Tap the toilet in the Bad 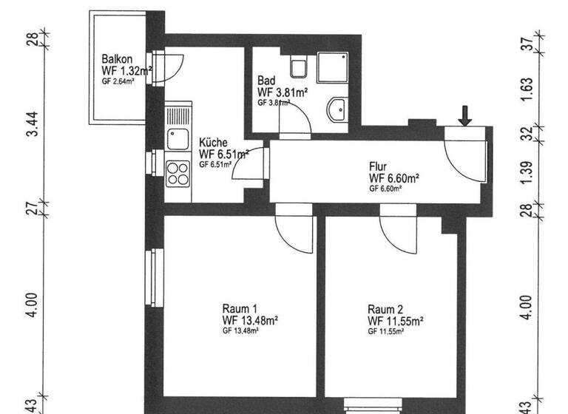tap(299, 68)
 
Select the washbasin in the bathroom tap(337, 109)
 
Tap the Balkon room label tap(118, 59)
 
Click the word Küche tap(213, 143)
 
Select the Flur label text tap(379, 167)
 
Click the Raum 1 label tap(240, 309)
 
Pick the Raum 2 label tap(385, 309)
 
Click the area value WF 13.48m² tap(250, 320)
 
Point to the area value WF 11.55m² tap(395, 321)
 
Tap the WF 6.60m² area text tap(394, 178)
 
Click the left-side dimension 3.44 tap(32, 124)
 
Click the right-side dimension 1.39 tap(527, 172)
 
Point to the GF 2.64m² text tap(118, 81)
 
